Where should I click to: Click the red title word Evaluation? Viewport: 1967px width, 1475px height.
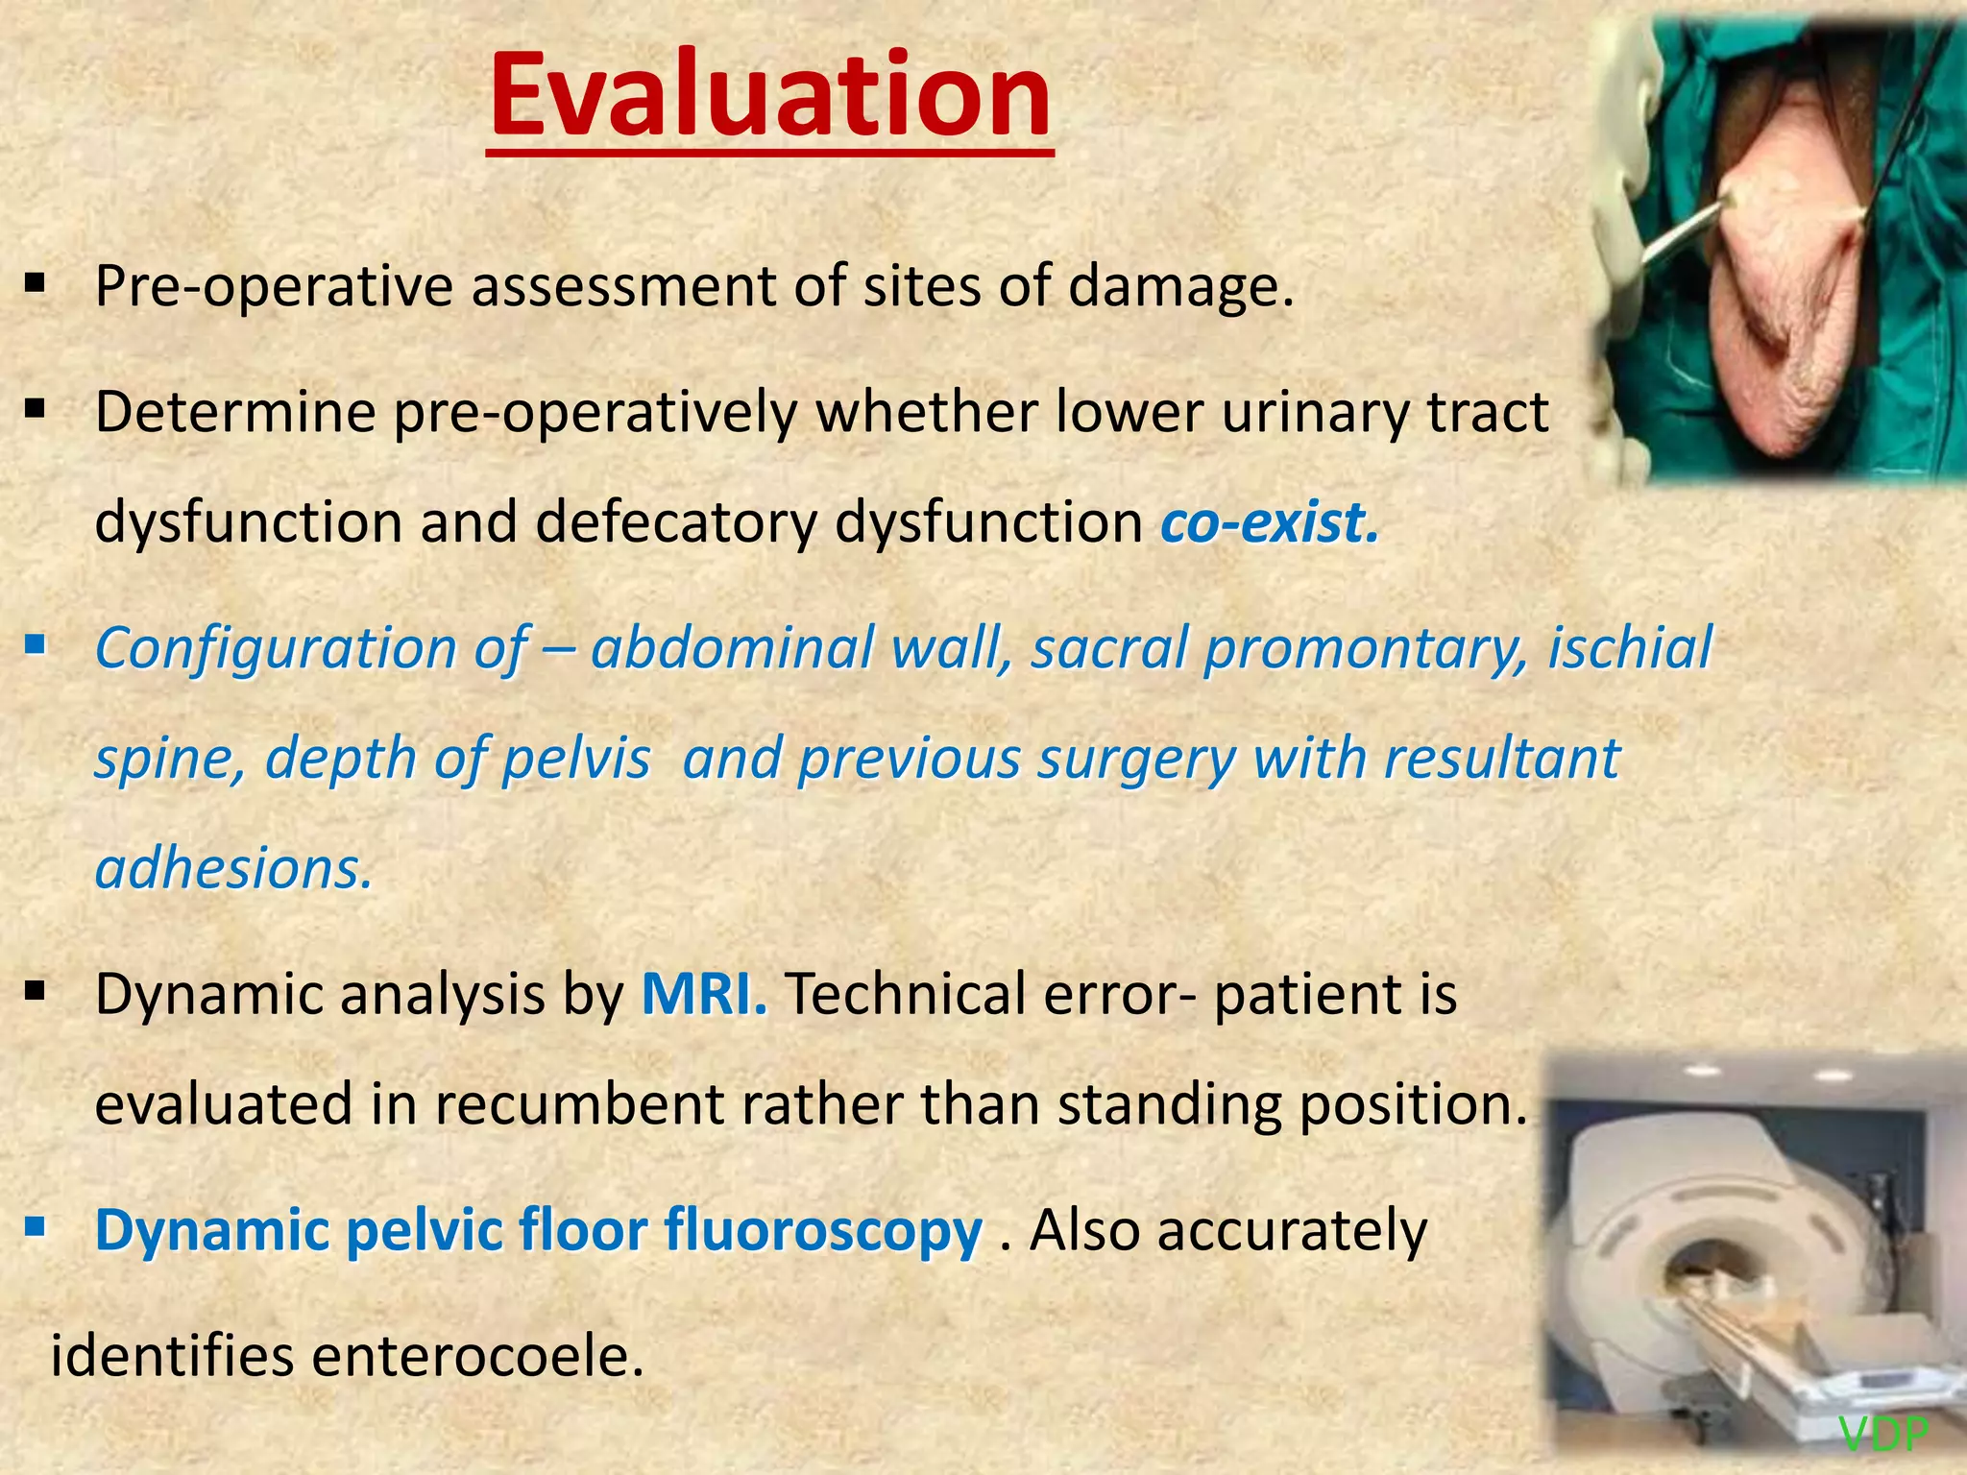769,96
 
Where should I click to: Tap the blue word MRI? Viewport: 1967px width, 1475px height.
704,994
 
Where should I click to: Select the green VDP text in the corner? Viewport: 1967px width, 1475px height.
1883,1435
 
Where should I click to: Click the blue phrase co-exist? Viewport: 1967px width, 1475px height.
1269,523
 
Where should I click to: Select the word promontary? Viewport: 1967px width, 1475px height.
1365,647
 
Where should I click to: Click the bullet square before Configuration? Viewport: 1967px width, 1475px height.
36,643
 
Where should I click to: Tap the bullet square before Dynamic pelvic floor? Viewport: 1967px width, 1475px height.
36,1225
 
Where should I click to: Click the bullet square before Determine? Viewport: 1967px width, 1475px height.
36,409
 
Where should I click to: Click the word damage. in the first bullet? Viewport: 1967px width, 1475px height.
1180,286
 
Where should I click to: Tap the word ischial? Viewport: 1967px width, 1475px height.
1629,647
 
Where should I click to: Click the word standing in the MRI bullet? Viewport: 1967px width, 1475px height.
1169,1104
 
